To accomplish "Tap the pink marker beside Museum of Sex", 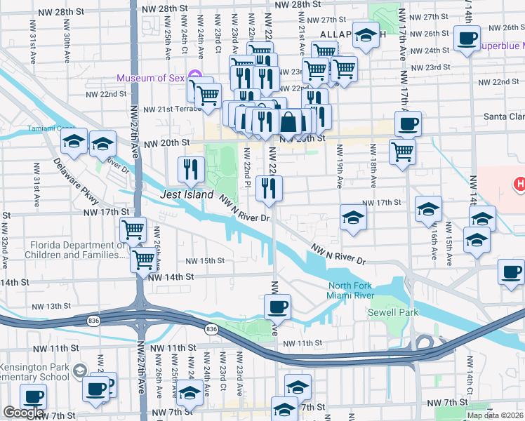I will [196, 77].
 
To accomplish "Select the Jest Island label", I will [186, 194].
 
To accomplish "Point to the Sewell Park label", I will [394, 312].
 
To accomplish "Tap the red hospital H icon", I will [519, 185].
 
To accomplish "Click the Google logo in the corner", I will [23, 413].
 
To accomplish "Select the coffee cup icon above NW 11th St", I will [277, 306].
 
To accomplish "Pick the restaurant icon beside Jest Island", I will [190, 168].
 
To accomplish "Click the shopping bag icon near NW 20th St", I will [289, 121].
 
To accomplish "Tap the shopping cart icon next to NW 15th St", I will [143, 259].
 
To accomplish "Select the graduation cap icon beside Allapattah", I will [365, 35].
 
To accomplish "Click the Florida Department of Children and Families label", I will [57, 250].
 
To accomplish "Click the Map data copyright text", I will [496, 415].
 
